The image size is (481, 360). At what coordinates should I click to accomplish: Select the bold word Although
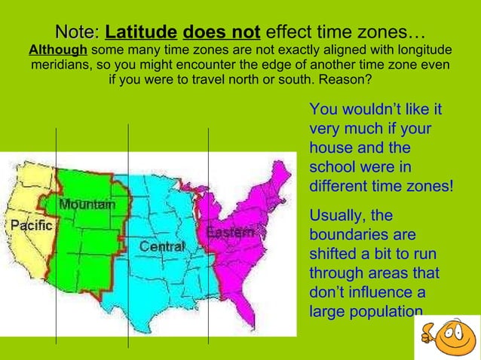pyautogui.click(x=57, y=50)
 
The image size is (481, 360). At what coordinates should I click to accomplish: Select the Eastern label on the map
pyautogui.click(x=229, y=233)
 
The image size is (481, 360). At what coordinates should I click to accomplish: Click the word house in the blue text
pyautogui.click(x=329, y=148)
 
